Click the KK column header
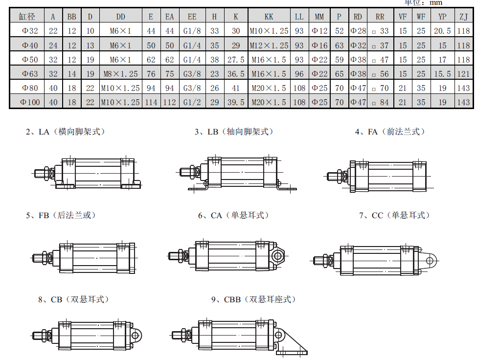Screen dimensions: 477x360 (x=269, y=17)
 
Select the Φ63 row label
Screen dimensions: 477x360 (x=30, y=73)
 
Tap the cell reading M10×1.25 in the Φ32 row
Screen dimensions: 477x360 (x=269, y=31)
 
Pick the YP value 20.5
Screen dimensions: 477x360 (x=442, y=31)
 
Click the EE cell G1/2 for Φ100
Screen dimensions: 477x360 (x=192, y=102)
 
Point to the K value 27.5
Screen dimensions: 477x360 (x=236, y=60)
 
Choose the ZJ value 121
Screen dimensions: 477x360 (x=463, y=73)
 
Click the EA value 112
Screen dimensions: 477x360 (x=169, y=102)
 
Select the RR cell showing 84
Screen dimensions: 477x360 (x=380, y=102)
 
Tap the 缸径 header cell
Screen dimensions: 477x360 (x=27, y=17)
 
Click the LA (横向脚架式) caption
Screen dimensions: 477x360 (x=66, y=132)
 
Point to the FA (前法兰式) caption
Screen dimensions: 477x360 (x=390, y=132)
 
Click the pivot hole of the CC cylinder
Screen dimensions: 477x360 (x=430, y=261)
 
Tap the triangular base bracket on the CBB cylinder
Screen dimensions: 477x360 (x=292, y=343)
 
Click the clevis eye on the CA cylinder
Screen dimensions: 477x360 (x=277, y=256)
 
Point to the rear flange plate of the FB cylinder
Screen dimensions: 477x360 (x=132, y=258)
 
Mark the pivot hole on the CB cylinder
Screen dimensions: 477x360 (x=135, y=336)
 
